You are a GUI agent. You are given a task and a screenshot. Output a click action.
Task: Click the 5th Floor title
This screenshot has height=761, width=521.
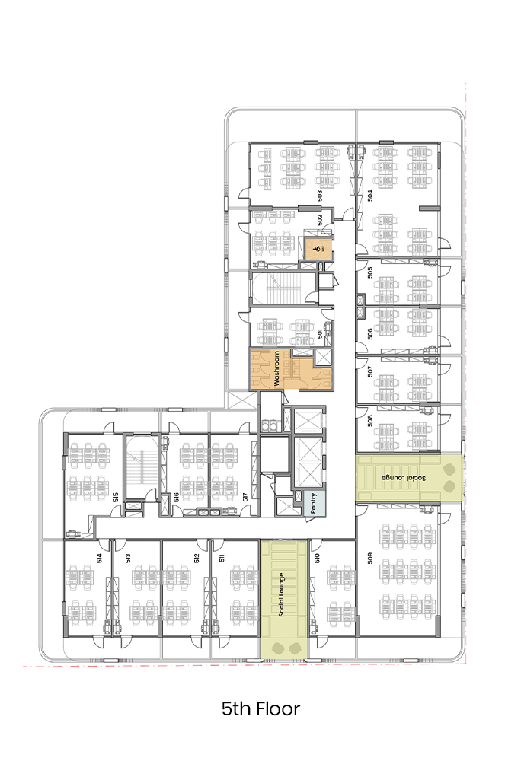(x=260, y=709)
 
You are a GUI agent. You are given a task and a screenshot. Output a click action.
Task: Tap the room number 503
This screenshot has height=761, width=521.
(x=319, y=196)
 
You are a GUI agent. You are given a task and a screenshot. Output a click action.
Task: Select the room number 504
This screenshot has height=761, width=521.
(x=370, y=196)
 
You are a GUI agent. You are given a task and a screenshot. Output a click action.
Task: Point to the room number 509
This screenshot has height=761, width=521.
(x=370, y=558)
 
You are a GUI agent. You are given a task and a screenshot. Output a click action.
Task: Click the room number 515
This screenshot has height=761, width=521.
(x=116, y=497)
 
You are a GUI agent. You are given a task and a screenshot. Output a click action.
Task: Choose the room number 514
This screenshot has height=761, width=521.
(x=100, y=558)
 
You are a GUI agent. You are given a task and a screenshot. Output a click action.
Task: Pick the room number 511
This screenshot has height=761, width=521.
(x=222, y=558)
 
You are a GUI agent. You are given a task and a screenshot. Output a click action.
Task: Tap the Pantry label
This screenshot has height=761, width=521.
(x=314, y=503)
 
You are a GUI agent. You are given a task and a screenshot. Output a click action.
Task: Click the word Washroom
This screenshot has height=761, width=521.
(x=276, y=368)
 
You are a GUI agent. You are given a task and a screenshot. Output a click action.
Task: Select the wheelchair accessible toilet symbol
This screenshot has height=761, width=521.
(x=317, y=249)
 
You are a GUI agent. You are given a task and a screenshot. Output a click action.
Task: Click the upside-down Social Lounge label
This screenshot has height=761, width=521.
(x=404, y=478)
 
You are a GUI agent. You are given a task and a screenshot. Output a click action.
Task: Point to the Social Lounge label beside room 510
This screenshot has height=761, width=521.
(x=281, y=594)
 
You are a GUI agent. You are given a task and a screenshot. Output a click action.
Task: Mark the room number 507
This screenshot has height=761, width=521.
(x=370, y=371)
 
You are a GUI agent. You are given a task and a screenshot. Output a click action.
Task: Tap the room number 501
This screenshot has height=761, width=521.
(x=319, y=334)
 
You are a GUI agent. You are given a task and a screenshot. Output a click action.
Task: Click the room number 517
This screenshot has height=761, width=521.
(x=246, y=497)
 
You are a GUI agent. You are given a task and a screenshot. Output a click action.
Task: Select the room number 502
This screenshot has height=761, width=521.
(x=319, y=220)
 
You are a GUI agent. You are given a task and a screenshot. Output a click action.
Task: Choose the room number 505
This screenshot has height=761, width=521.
(x=370, y=272)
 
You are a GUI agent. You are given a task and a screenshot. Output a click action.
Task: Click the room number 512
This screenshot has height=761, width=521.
(x=197, y=558)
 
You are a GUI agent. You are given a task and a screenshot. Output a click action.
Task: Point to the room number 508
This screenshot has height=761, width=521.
(x=370, y=420)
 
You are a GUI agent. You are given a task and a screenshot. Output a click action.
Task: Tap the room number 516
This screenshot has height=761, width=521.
(x=177, y=497)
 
